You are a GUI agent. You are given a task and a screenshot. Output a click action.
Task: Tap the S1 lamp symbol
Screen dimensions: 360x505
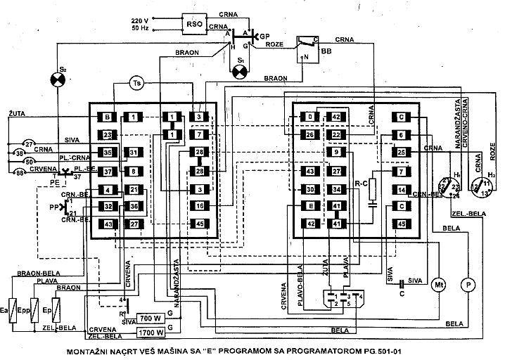tap(242, 70)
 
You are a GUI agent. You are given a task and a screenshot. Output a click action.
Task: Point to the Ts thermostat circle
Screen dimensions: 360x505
tap(138, 82)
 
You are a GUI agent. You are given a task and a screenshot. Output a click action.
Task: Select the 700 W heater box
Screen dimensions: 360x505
tap(151, 317)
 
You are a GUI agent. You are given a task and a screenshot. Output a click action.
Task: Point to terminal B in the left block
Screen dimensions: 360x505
tap(108, 117)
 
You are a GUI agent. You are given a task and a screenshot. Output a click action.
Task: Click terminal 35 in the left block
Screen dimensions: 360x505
tap(108, 153)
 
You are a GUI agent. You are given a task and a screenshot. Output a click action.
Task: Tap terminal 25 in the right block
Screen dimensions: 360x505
tap(401, 153)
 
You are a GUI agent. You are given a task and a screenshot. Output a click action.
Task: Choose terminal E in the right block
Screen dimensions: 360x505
tap(309, 207)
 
